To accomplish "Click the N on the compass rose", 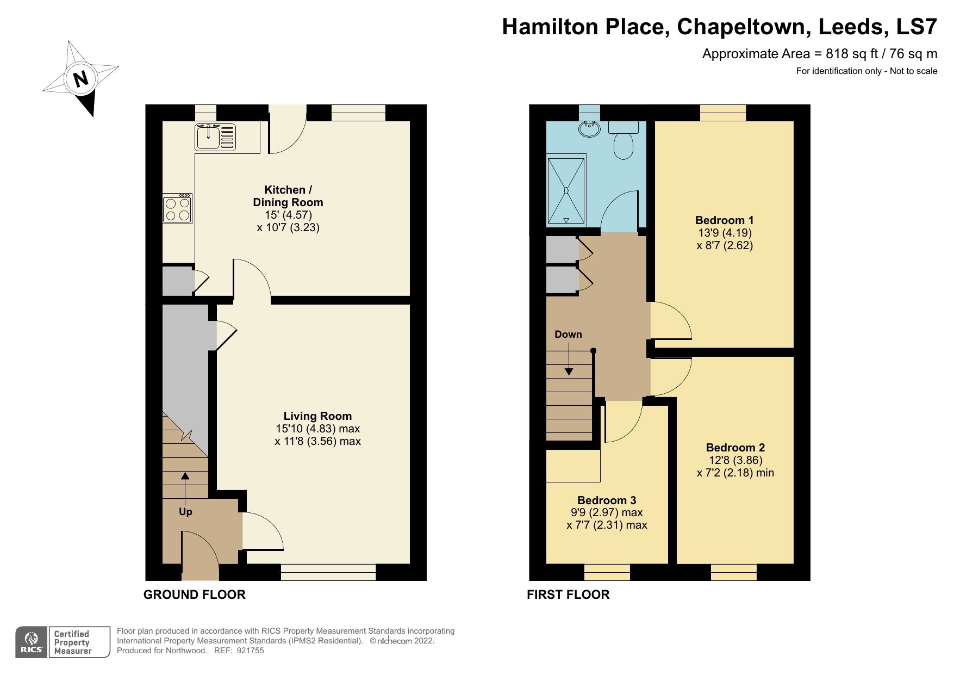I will pyautogui.click(x=80, y=79).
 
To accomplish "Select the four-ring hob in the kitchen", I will pyautogui.click(x=178, y=209).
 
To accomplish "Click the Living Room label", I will pyautogui.click(x=317, y=416).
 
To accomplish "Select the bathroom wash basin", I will pyautogui.click(x=589, y=129).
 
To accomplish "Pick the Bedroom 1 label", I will pyautogui.click(x=724, y=220).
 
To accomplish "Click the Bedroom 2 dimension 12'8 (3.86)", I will pyautogui.click(x=735, y=460).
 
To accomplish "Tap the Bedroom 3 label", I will pyautogui.click(x=607, y=500).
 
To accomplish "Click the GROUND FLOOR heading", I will pyautogui.click(x=194, y=595).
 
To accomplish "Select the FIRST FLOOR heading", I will pyautogui.click(x=568, y=595).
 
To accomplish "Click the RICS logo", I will pyautogui.click(x=32, y=642).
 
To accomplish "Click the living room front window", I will pyautogui.click(x=328, y=572).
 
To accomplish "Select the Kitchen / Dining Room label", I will pyautogui.click(x=288, y=196).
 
